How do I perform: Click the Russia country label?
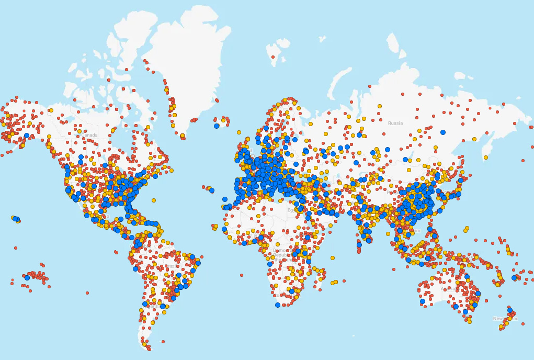395,123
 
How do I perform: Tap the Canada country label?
89,135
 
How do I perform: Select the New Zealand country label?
504,318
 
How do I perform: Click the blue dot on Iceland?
217,126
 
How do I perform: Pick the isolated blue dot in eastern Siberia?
443,132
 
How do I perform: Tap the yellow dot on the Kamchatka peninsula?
486,157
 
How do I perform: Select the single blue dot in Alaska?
27,136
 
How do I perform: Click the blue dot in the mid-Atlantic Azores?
212,190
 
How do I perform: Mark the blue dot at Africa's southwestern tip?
278,305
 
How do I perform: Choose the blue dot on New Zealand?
510,310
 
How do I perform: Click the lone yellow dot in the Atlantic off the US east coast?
154,200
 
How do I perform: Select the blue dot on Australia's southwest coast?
422,301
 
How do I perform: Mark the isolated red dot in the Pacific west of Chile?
87,293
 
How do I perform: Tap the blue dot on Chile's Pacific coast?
145,303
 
